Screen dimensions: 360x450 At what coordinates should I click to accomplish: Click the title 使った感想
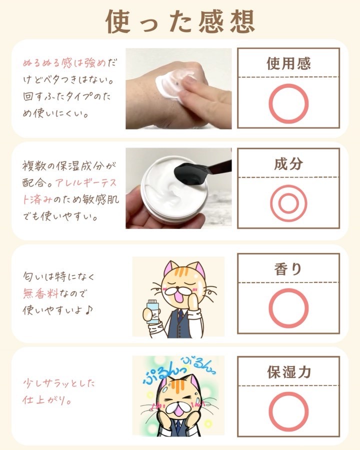180,21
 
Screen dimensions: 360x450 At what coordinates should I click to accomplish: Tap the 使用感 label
288,63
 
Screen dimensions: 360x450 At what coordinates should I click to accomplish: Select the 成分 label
288,163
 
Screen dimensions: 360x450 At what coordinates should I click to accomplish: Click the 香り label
288,269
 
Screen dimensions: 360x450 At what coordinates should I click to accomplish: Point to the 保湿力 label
289,372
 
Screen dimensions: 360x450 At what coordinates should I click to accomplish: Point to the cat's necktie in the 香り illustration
179,314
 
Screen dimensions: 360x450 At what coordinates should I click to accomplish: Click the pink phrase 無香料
40,293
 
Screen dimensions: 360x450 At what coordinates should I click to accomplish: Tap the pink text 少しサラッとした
58,383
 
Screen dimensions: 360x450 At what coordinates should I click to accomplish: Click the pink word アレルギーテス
86,182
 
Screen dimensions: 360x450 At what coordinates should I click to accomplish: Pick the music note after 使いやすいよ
88,309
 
